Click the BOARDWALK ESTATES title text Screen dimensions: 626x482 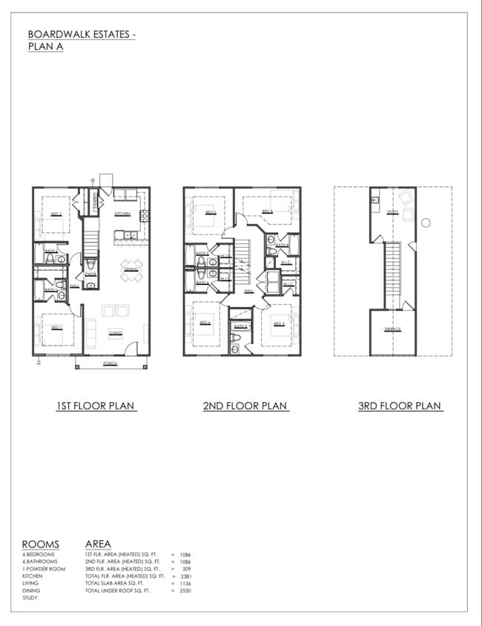pyautogui.click(x=82, y=34)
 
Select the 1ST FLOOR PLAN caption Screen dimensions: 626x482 pyautogui.click(x=96, y=406)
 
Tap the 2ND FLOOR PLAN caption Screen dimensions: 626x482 pyautogui.click(x=245, y=406)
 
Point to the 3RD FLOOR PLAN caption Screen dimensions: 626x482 pyautogui.click(x=400, y=406)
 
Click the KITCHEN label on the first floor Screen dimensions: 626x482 pyautogui.click(x=122, y=214)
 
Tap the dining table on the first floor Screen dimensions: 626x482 pyautogui.click(x=131, y=269)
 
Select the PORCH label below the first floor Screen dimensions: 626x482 pyautogui.click(x=110, y=363)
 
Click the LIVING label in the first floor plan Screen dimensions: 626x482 pyautogui.click(x=116, y=332)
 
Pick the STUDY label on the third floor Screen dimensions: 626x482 pyautogui.click(x=392, y=212)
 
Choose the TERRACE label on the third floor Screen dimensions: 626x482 pyautogui.click(x=392, y=329)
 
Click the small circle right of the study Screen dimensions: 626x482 pyautogui.click(x=426, y=222)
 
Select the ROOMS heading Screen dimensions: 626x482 pyautogui.click(x=41, y=544)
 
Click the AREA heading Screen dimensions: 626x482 pyautogui.click(x=99, y=544)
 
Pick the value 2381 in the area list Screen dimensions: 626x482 pyautogui.click(x=185, y=576)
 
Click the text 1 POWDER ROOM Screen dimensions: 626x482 pyautogui.click(x=44, y=569)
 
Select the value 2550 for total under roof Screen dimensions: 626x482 pyautogui.click(x=185, y=590)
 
